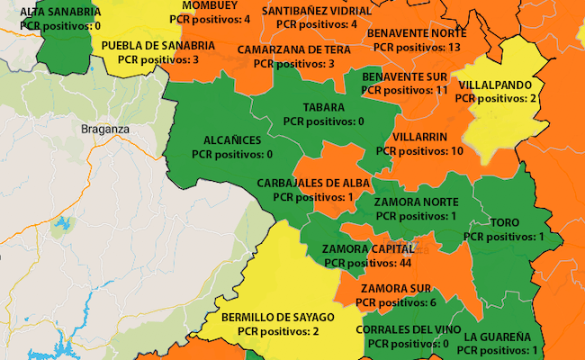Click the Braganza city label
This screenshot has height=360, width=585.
(105, 129)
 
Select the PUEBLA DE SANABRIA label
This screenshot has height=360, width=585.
(157, 46)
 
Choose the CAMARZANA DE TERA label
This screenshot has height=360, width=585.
(294, 49)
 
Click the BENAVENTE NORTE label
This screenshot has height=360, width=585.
(417, 32)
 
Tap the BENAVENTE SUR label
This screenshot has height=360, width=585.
(405, 76)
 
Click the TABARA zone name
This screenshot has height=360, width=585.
(323, 107)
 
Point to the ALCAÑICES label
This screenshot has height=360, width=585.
(232, 140)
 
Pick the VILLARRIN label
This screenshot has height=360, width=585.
(420, 137)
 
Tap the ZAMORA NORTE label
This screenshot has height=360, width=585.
(416, 202)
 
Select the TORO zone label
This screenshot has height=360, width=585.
(504, 222)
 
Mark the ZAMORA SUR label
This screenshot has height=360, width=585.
(396, 289)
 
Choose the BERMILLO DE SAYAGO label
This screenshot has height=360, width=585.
(277, 318)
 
